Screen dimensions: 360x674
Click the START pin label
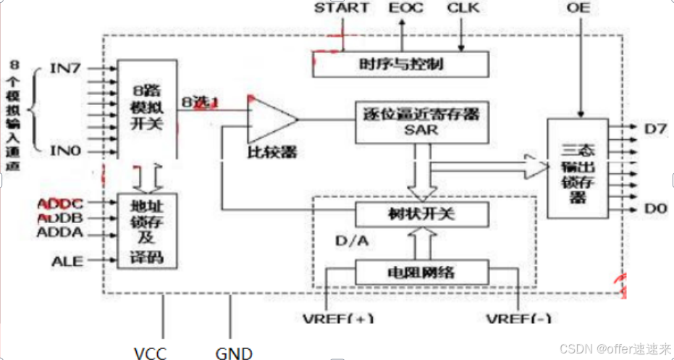tap(342, 9)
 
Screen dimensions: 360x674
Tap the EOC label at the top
tap(403, 9)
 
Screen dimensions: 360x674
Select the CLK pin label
tap(463, 9)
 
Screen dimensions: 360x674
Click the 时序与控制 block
tap(400, 64)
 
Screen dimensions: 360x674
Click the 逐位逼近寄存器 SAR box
tap(418, 121)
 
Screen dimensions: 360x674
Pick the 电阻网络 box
tap(421, 272)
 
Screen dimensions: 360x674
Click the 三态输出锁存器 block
tap(578, 167)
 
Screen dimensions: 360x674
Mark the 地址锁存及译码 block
tap(147, 230)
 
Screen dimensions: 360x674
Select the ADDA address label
tap(60, 233)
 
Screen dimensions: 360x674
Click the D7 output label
tap(656, 128)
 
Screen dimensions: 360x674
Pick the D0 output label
tap(656, 209)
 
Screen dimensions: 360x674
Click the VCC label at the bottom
tap(150, 353)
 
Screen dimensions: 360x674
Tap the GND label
tap(234, 353)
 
